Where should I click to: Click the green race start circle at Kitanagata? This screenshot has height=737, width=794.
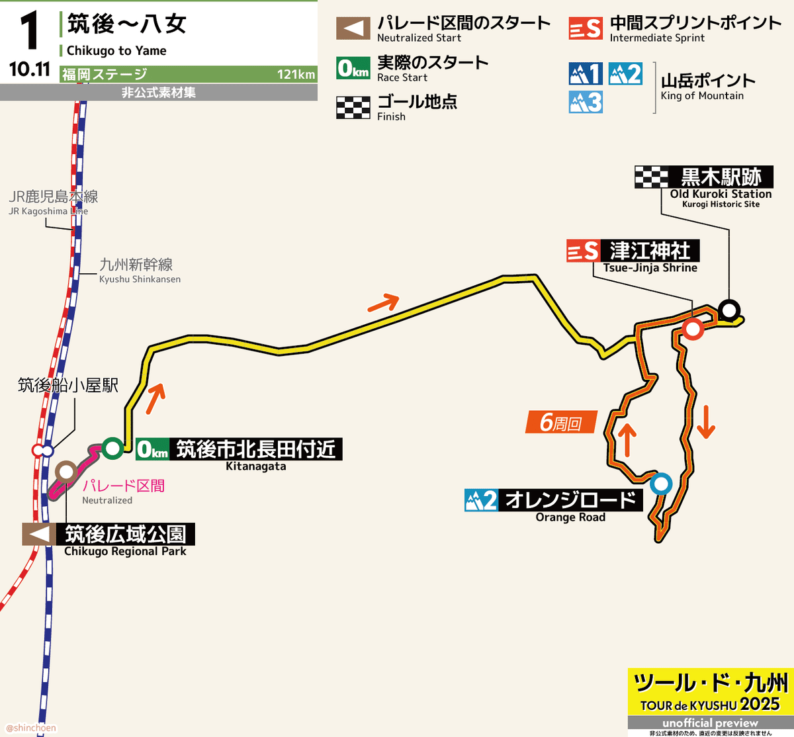point(112,448)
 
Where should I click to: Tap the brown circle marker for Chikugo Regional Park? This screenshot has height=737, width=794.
point(66,471)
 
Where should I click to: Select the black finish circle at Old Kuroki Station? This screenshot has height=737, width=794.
point(729,310)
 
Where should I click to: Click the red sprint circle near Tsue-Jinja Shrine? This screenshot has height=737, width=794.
point(693,329)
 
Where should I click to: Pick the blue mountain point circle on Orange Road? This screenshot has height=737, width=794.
point(660,484)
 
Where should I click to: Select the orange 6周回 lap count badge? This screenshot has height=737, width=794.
point(561,422)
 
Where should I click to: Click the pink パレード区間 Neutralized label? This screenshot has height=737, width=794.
point(123,486)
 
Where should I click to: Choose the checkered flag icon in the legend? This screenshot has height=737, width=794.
point(353,107)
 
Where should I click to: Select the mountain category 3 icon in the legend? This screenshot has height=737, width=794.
point(586,102)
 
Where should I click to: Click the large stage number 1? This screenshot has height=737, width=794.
point(29,32)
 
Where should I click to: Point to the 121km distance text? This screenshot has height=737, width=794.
point(296,74)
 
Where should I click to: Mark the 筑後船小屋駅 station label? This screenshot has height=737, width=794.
point(67,385)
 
